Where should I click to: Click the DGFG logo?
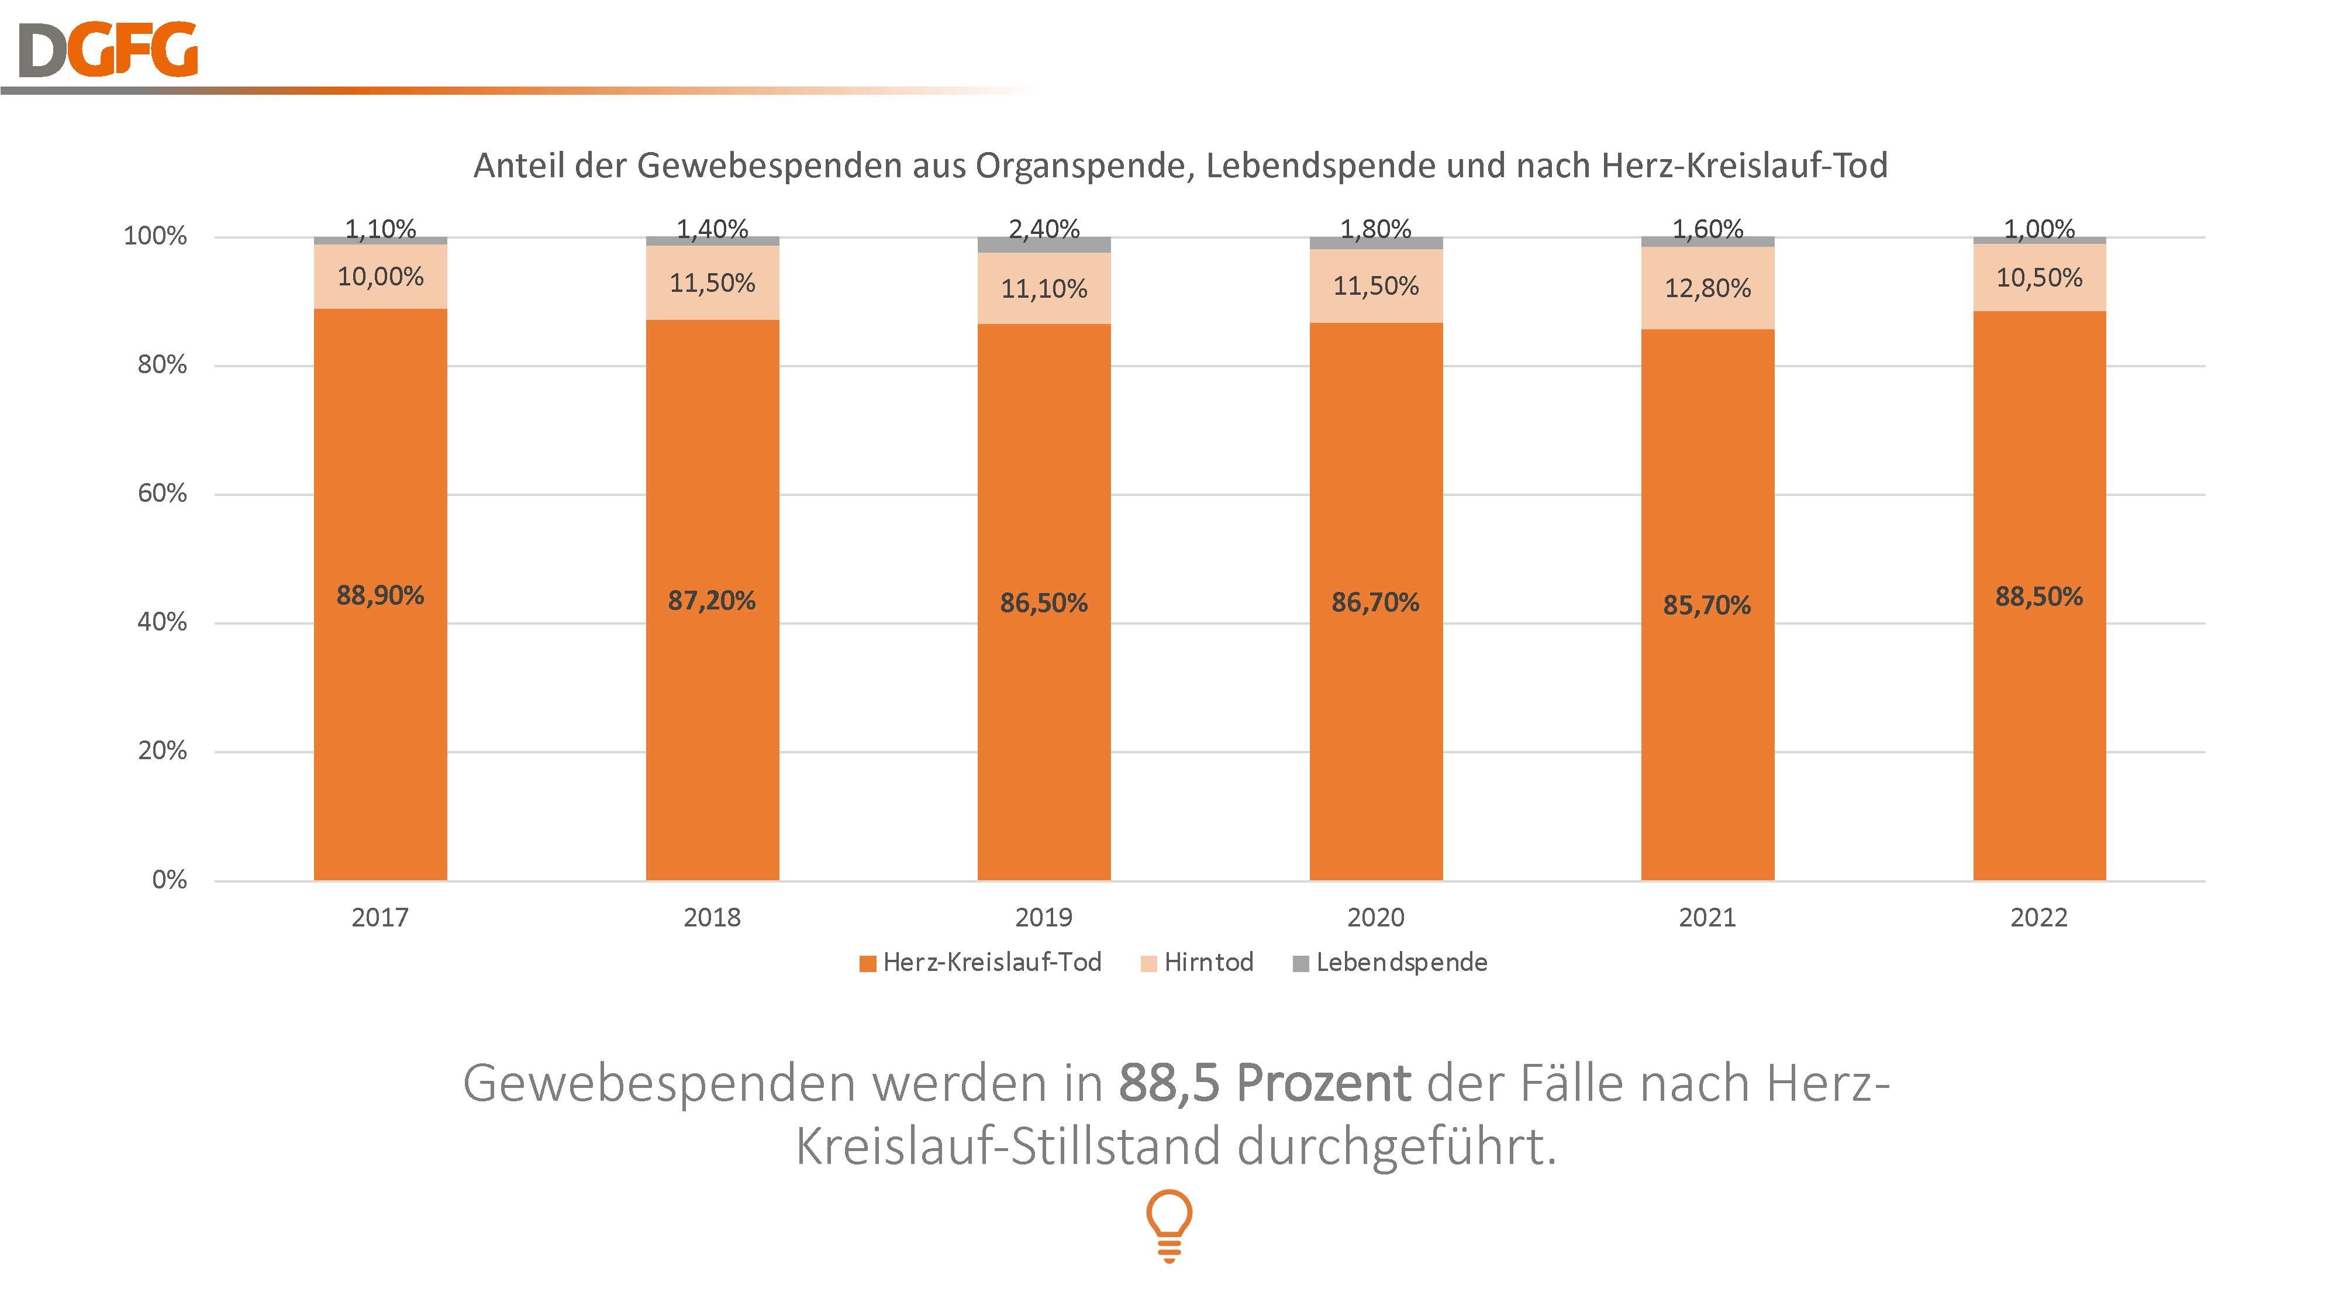pyautogui.click(x=107, y=50)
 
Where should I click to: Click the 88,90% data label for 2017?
pyautogui.click(x=381, y=596)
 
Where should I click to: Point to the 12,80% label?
pyautogui.click(x=1707, y=289)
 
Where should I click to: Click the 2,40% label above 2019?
pyautogui.click(x=1044, y=229)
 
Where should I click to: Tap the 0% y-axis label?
pyautogui.click(x=170, y=879)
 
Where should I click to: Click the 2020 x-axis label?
pyautogui.click(x=1375, y=917)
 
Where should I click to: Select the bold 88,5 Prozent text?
pyautogui.click(x=1265, y=1083)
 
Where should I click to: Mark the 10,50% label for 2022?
pyautogui.click(x=2040, y=278)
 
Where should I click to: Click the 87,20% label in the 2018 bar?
pyautogui.click(x=712, y=600)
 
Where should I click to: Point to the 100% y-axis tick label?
pyautogui.click(x=156, y=236)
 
